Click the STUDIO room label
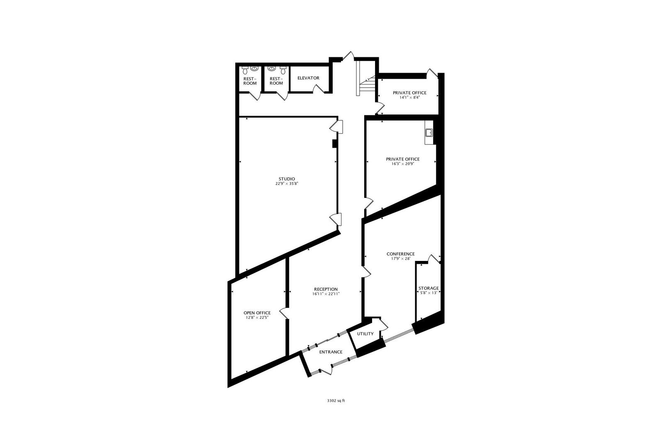(x=287, y=179)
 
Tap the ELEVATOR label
(x=308, y=78)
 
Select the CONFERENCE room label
(x=400, y=254)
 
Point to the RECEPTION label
(x=326, y=289)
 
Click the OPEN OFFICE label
(x=257, y=313)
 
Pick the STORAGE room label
(x=429, y=288)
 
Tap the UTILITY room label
(x=365, y=334)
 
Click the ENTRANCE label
(x=331, y=352)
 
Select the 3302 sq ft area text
(x=336, y=401)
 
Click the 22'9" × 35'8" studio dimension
(x=287, y=184)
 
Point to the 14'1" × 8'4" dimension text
(x=409, y=97)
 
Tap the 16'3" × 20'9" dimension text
(x=403, y=164)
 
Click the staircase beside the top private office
(x=365, y=79)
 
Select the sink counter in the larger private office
(x=429, y=132)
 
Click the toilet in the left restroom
(x=245, y=70)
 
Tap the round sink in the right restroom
(x=272, y=69)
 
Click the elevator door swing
(x=319, y=88)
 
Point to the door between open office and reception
(x=284, y=314)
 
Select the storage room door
(x=433, y=259)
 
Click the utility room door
(x=384, y=325)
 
